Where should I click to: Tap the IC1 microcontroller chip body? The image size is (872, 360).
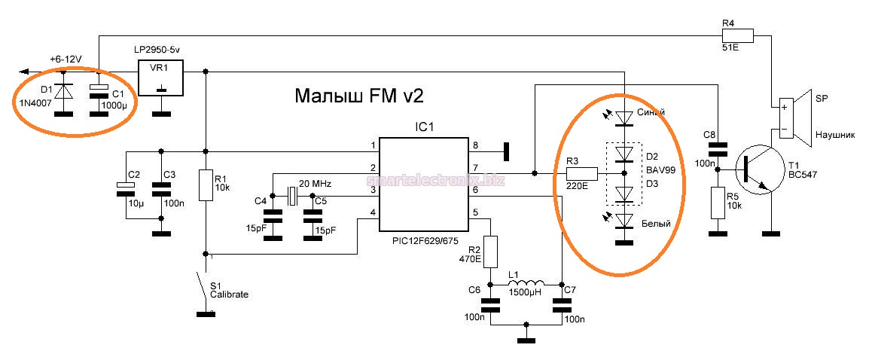pyautogui.click(x=423, y=185)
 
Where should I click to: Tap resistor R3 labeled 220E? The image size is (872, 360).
pyautogui.click(x=581, y=174)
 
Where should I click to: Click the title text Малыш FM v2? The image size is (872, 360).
pyautogui.click(x=359, y=96)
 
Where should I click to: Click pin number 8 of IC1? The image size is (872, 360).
pyautogui.click(x=474, y=146)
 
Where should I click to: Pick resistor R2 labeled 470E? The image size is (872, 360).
pyautogui.click(x=490, y=251)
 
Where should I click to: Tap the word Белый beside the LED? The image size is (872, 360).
pyautogui.click(x=657, y=224)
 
